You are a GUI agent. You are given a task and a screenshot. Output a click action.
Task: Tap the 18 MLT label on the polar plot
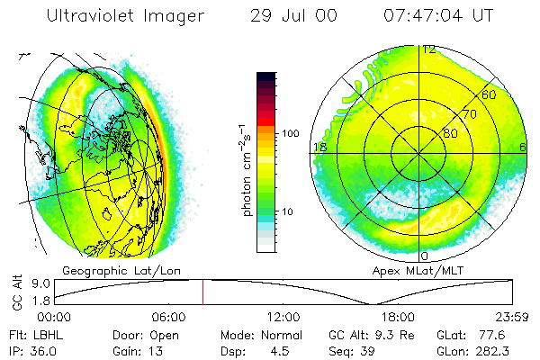pyautogui.click(x=319, y=148)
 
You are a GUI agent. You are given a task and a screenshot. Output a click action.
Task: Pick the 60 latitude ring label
pyautogui.click(x=489, y=94)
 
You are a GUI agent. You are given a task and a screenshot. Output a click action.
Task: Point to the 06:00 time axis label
pyautogui.click(x=168, y=317)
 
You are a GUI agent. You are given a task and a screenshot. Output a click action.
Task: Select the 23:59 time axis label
pyautogui.click(x=513, y=317)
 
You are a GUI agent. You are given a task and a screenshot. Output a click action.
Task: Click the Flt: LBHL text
pyautogui.click(x=30, y=334)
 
